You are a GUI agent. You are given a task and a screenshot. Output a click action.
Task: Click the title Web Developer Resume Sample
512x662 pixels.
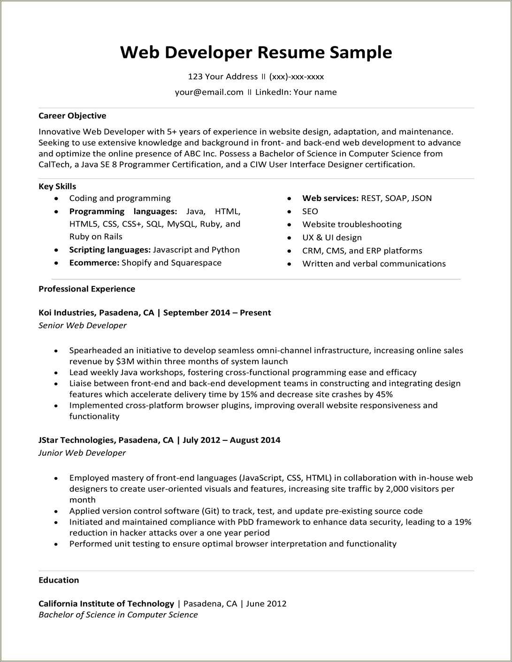click(x=256, y=52)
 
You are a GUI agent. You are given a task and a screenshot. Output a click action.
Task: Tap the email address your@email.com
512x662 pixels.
click(x=209, y=92)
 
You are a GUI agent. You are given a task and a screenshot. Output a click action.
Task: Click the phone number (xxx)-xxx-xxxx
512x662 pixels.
click(x=296, y=77)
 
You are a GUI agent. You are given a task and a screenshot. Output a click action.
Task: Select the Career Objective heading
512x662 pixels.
click(x=72, y=115)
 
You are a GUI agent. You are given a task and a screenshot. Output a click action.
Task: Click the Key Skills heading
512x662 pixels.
click(x=57, y=186)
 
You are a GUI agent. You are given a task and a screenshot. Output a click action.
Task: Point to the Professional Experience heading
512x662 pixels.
click(x=87, y=289)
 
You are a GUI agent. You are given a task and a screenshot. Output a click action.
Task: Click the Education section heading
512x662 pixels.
click(x=59, y=580)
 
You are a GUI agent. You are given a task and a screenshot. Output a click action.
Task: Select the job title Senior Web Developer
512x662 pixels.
click(x=83, y=325)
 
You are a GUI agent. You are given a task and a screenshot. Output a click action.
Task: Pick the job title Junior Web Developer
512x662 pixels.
click(x=82, y=453)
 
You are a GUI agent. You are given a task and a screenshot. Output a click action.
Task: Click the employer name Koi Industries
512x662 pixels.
click(x=67, y=313)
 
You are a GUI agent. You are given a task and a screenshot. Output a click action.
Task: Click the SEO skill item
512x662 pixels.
click(x=310, y=211)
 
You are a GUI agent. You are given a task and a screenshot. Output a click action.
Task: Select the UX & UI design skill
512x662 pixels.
click(x=332, y=238)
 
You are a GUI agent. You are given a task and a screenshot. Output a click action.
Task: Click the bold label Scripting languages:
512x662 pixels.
click(x=110, y=250)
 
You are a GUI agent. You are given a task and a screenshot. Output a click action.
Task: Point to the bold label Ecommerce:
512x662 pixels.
click(x=94, y=262)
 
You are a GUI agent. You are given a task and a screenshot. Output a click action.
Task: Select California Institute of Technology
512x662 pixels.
click(x=106, y=604)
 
